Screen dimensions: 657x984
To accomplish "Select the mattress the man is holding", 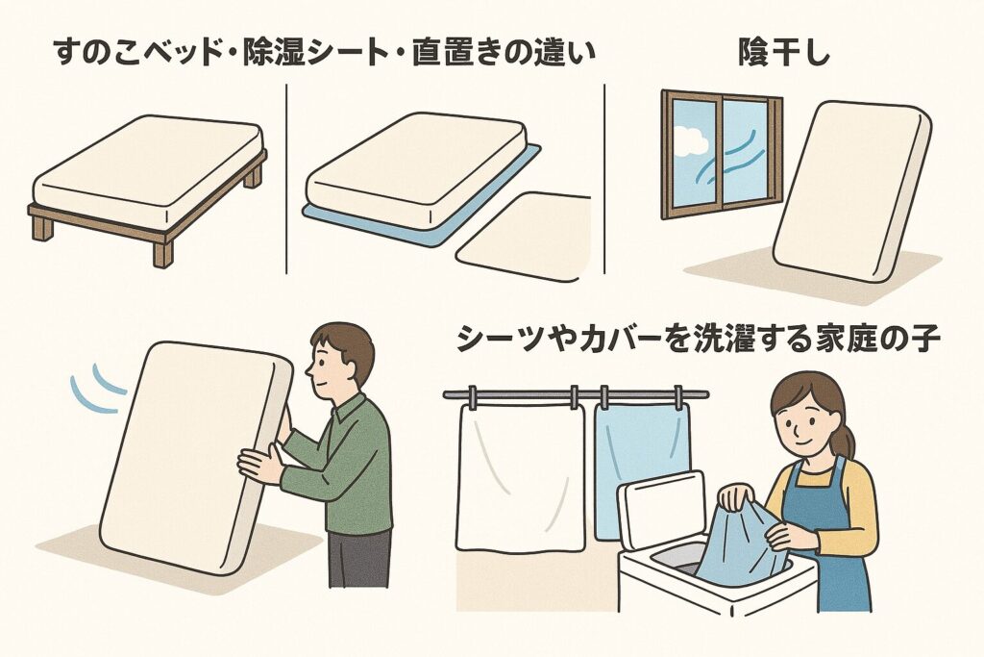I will [192, 452].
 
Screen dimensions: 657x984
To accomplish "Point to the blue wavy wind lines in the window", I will [735, 154].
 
